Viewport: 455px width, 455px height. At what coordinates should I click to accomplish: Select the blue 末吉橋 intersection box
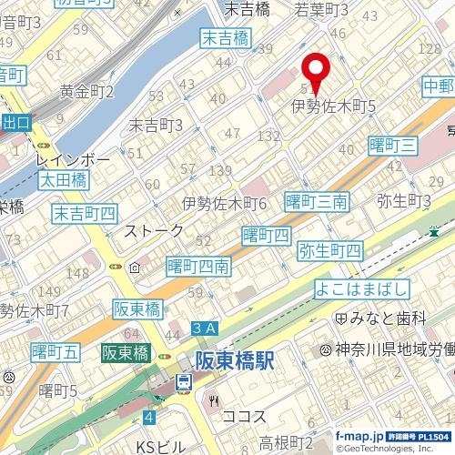tap(226, 37)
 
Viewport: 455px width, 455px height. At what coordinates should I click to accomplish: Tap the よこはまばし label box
tap(362, 289)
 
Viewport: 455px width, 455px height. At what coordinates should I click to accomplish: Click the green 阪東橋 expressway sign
tap(126, 353)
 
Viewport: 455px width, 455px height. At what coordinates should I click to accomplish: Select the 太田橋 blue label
tap(61, 181)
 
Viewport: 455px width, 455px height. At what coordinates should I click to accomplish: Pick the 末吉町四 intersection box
tap(84, 214)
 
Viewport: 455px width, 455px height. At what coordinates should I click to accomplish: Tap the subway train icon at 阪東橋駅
tap(184, 383)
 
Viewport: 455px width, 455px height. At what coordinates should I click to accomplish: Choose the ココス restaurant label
tap(243, 416)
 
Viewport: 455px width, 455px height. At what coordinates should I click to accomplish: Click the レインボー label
tap(73, 160)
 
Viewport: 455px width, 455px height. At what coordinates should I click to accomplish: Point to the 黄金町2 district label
tap(86, 90)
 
